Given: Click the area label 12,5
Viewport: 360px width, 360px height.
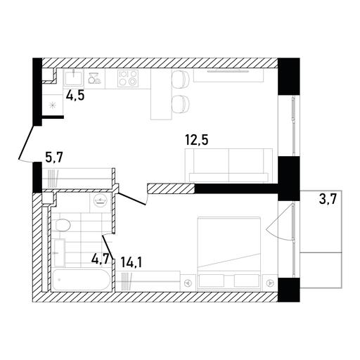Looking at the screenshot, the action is pyautogui.click(x=197, y=140).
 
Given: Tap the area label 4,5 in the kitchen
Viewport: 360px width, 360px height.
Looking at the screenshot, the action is pyautogui.click(x=75, y=96).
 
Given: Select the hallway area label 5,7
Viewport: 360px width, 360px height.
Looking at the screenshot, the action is pyautogui.click(x=54, y=157).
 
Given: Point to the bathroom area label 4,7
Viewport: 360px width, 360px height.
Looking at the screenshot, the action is pyautogui.click(x=101, y=259).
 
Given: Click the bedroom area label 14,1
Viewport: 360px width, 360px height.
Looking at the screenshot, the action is pyautogui.click(x=131, y=263).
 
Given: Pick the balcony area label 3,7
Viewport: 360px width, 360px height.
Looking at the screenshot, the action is pyautogui.click(x=328, y=200).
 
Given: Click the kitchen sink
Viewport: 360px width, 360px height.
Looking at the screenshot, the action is pyautogui.click(x=74, y=78).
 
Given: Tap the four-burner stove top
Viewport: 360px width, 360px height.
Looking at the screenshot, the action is pyautogui.click(x=128, y=78).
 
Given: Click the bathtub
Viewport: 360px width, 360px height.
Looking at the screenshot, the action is pyautogui.click(x=81, y=280).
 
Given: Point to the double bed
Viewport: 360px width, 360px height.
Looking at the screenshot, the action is pyautogui.click(x=229, y=254).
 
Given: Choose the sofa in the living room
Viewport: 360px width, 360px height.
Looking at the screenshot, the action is pyautogui.click(x=229, y=165).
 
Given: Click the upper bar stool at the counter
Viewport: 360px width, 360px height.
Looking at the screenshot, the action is pyautogui.click(x=181, y=80).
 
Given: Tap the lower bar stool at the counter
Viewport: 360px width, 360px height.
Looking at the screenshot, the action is pyautogui.click(x=181, y=105).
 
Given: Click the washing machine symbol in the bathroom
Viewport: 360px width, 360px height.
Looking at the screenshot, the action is pyautogui.click(x=101, y=202).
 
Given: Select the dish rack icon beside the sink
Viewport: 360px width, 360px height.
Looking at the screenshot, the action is pyautogui.click(x=94, y=78).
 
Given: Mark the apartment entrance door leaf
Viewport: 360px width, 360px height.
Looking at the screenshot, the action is pyautogui.click(x=27, y=141).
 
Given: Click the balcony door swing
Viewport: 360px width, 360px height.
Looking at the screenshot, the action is pyautogui.click(x=280, y=221).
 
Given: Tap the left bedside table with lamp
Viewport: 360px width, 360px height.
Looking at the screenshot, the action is pyautogui.click(x=188, y=283).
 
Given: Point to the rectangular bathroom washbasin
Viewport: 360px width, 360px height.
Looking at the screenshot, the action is pyautogui.click(x=60, y=253).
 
